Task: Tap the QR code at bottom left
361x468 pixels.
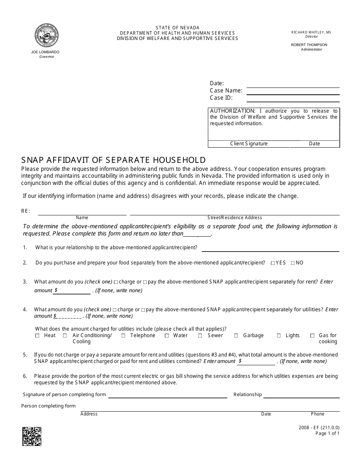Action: [x=32, y=436]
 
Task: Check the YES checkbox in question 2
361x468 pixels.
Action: [x=273, y=263]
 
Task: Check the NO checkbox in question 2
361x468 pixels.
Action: [x=293, y=263]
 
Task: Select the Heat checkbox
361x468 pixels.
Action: [x=37, y=336]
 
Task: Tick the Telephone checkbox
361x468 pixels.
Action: [x=123, y=336]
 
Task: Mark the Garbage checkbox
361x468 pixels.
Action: [x=236, y=336]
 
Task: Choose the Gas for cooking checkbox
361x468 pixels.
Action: [x=312, y=336]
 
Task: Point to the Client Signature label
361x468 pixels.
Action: [x=249, y=144]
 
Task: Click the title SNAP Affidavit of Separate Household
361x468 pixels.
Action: [x=113, y=160]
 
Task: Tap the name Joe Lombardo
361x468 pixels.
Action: [x=45, y=52]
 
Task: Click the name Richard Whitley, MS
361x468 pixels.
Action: [x=311, y=32]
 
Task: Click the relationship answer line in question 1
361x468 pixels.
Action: [x=270, y=248]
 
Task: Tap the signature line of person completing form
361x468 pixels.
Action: [x=168, y=395]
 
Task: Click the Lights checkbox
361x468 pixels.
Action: [x=279, y=336]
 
